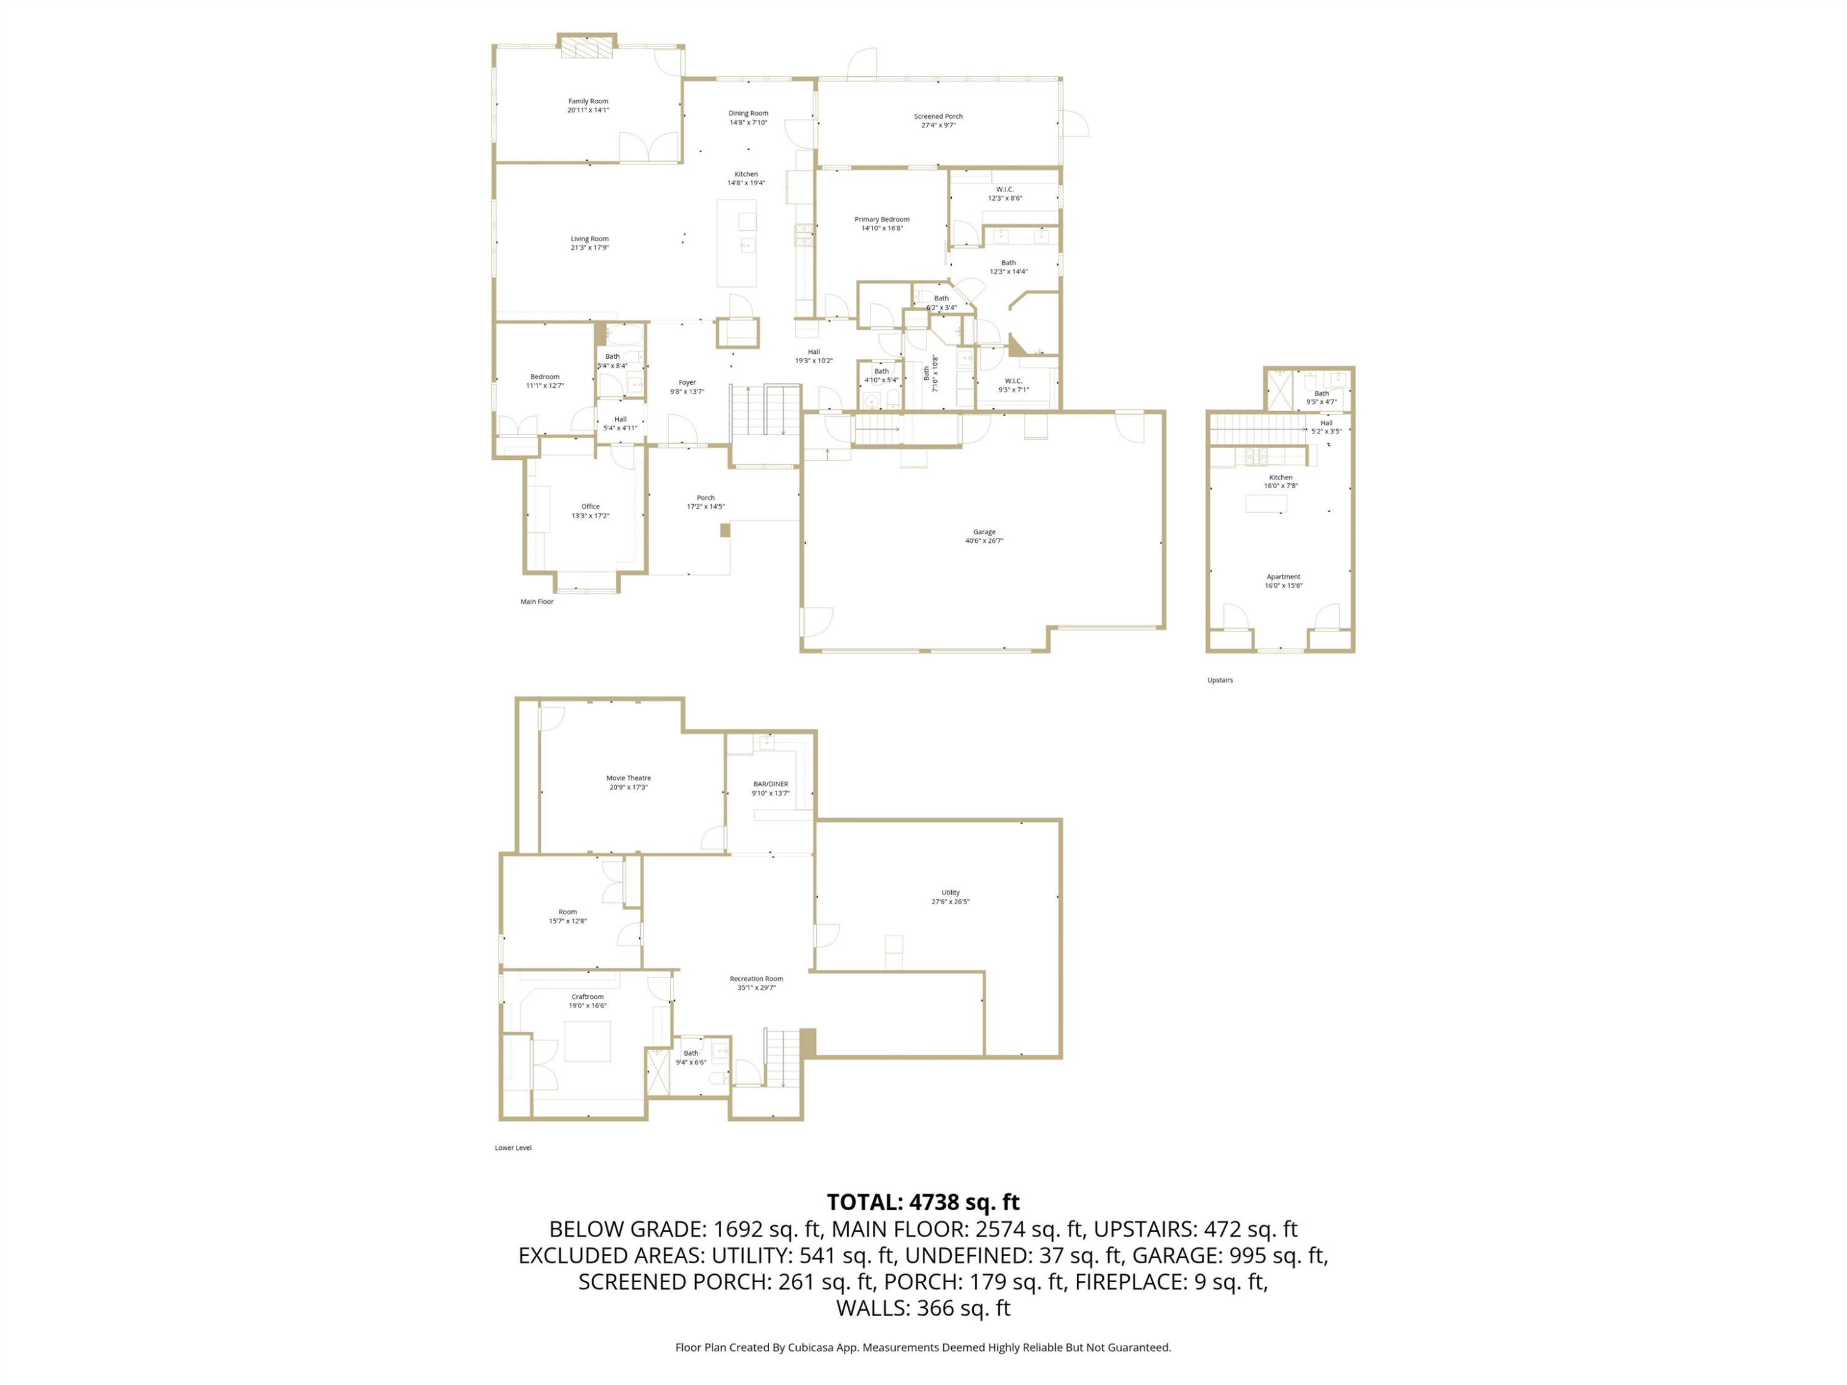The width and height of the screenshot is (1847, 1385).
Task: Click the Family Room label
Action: click(x=588, y=101)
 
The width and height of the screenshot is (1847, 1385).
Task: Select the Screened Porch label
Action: click(x=938, y=116)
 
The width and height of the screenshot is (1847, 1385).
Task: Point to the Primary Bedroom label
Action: click(x=882, y=219)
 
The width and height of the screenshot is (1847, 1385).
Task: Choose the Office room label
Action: click(x=590, y=506)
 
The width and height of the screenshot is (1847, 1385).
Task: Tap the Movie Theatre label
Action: click(x=628, y=777)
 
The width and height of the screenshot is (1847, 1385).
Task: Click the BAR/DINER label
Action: click(x=771, y=784)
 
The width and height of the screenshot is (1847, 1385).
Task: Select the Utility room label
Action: click(x=950, y=893)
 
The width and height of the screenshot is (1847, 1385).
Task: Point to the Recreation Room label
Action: click(x=757, y=979)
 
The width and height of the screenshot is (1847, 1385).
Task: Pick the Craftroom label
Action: click(x=588, y=996)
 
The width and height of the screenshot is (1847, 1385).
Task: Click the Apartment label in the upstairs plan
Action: click(x=1284, y=576)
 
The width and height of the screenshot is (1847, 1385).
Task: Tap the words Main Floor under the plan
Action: click(x=537, y=601)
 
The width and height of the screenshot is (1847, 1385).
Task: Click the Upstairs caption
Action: click(x=1220, y=680)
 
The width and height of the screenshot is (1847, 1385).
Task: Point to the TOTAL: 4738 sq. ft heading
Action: click(x=923, y=1202)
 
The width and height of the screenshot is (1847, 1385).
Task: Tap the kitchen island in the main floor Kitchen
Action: click(x=738, y=243)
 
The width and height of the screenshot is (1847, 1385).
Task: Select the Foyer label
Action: click(x=687, y=382)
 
